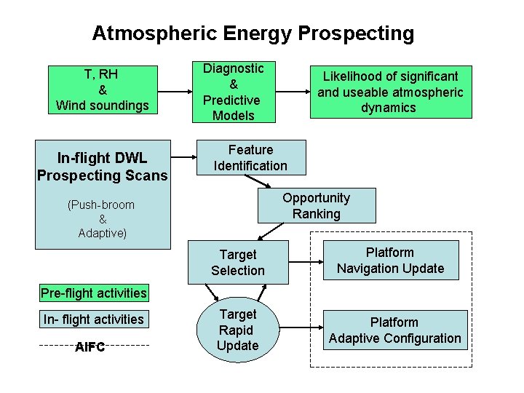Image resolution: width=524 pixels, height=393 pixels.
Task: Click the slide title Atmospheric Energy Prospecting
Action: pyautogui.click(x=253, y=33)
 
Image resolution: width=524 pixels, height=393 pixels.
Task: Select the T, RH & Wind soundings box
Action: pyautogui.click(x=102, y=90)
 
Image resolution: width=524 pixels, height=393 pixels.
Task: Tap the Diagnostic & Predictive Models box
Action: pyautogui.click(x=233, y=92)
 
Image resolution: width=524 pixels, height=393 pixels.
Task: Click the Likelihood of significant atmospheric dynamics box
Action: pyautogui.click(x=390, y=92)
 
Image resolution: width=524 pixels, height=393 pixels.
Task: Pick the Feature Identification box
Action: pyautogui.click(x=250, y=158)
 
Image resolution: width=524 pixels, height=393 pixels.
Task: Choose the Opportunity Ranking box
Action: pyautogui.click(x=317, y=206)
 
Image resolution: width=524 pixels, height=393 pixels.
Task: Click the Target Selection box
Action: pyautogui.click(x=238, y=263)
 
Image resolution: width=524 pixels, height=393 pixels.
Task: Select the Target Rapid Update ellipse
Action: pyautogui.click(x=238, y=329)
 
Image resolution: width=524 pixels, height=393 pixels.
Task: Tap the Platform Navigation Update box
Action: pyautogui.click(x=390, y=261)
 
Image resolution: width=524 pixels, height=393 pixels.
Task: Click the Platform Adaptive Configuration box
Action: pyautogui.click(x=394, y=330)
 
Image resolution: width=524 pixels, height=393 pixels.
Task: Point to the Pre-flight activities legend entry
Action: pyautogui.click(x=94, y=293)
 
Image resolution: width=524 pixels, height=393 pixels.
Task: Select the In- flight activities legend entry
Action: pyautogui.click(x=94, y=319)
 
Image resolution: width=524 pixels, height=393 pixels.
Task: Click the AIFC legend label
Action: pyautogui.click(x=90, y=346)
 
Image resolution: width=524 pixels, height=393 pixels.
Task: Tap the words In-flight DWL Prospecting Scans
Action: pyautogui.click(x=103, y=167)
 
